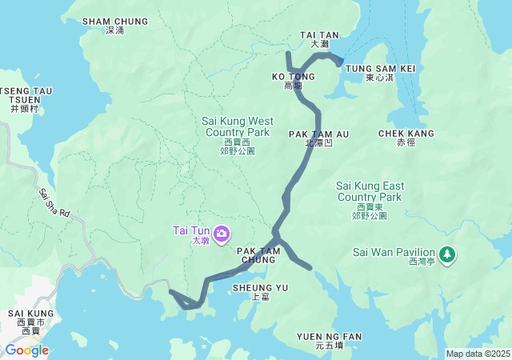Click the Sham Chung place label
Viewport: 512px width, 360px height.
tap(115, 26)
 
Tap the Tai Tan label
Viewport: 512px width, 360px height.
tap(319, 39)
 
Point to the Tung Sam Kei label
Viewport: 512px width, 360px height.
tap(380, 73)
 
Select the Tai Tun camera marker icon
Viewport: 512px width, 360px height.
tap(222, 234)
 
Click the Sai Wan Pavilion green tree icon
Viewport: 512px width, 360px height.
tap(449, 254)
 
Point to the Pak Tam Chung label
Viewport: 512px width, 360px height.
tap(258, 255)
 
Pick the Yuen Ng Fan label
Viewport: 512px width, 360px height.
tap(329, 340)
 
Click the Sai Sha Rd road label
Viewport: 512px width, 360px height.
tap(54, 204)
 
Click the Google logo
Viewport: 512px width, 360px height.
tap(26, 350)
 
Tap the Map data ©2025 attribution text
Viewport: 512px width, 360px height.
tap(477, 354)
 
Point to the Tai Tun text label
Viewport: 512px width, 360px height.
tap(190, 234)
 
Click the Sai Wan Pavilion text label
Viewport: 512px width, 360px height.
tap(393, 254)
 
